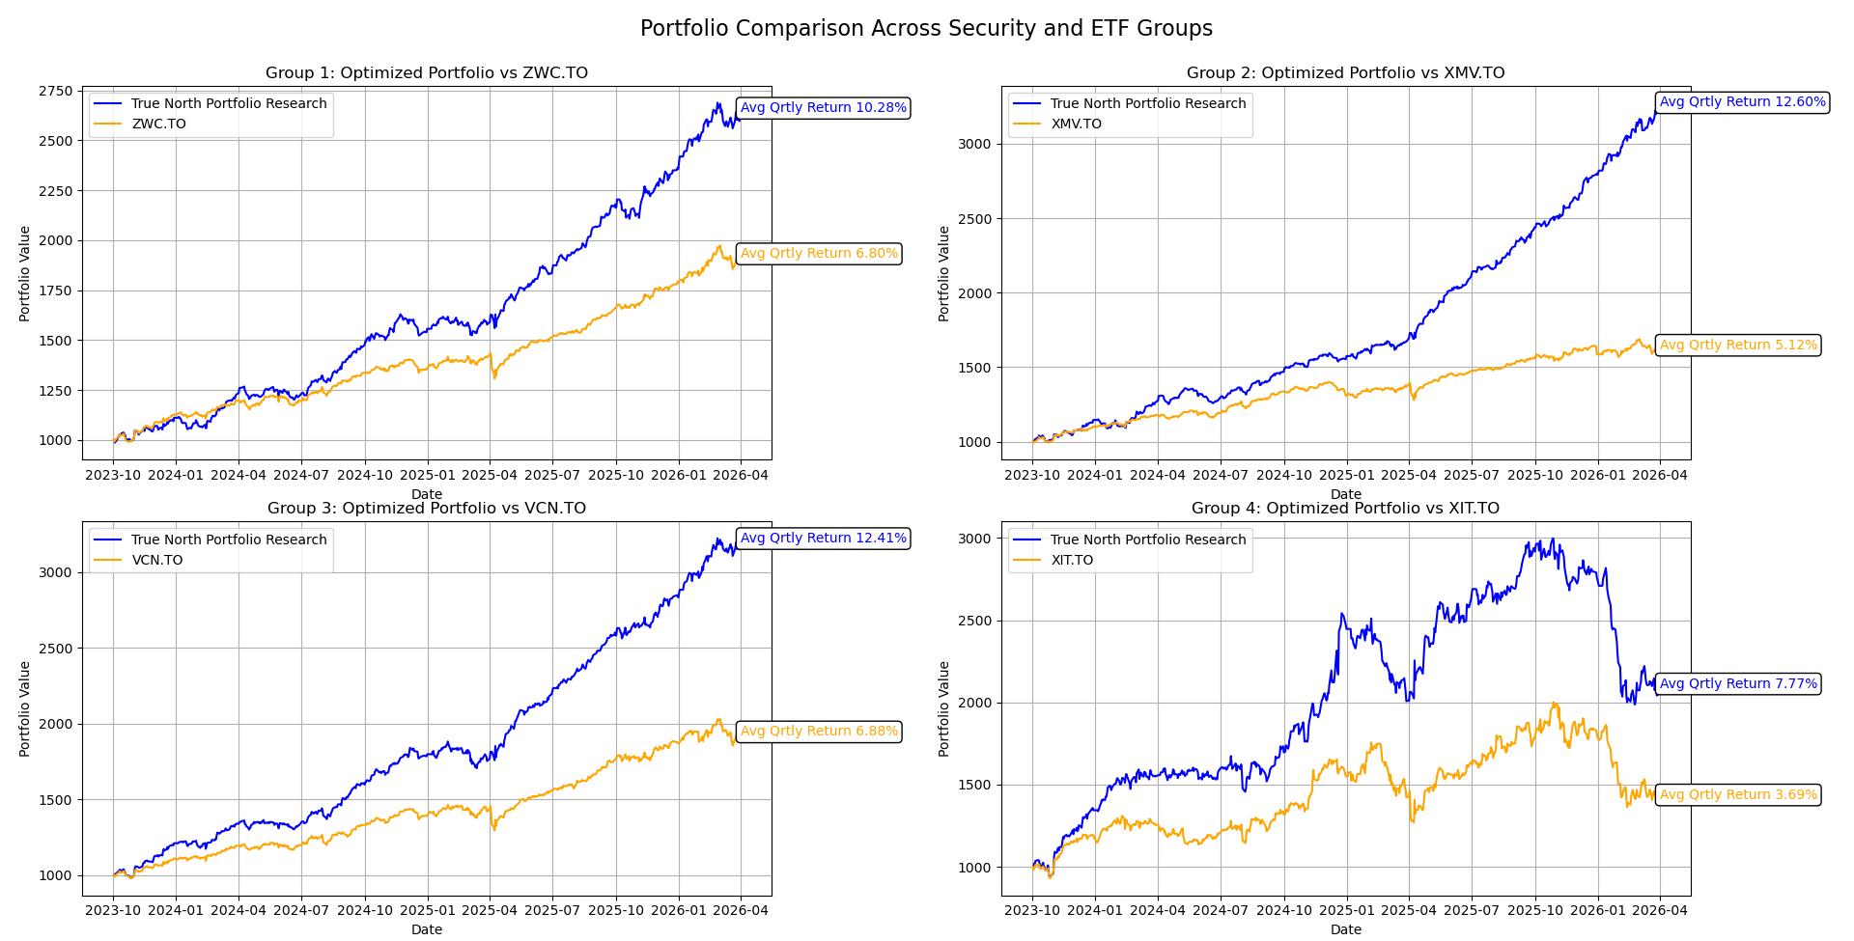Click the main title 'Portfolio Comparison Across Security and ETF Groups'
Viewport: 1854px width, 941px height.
pos(926,28)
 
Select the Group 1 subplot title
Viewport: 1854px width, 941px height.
pos(426,73)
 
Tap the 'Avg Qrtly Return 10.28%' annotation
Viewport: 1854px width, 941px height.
pos(823,108)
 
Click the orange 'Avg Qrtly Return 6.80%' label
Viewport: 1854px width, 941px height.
pos(819,254)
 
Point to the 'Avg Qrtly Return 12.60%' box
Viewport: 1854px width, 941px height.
pos(1742,102)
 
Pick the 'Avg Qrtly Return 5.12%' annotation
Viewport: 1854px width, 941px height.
pos(1738,346)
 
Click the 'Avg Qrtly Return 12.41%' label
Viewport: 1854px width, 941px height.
pos(823,539)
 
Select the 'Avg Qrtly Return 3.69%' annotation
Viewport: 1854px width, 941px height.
pos(1738,795)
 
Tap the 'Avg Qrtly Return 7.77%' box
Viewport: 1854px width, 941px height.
pos(1738,684)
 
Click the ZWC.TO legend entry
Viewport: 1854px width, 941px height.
pos(158,125)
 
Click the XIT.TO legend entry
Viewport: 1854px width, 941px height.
pos(1072,561)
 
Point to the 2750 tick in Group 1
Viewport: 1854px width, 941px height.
pos(55,92)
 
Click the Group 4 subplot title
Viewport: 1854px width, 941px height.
pos(1345,509)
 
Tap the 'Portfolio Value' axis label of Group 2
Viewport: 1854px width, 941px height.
pos(944,274)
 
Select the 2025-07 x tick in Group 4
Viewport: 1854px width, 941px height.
pos(1471,910)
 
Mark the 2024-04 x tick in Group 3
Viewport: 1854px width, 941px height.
pos(239,910)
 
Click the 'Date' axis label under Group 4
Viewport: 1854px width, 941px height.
pos(1345,929)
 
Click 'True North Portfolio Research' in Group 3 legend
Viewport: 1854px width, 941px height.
pos(229,540)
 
